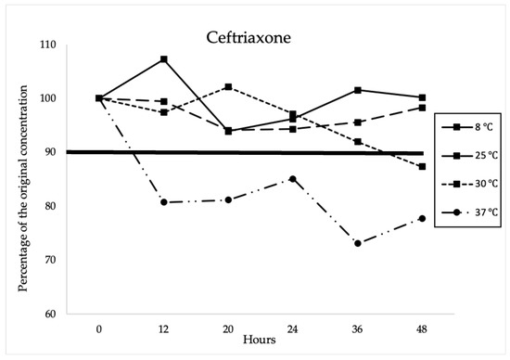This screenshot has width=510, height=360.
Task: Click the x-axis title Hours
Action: click(x=260, y=341)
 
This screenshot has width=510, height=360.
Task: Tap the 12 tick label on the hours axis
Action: click(x=163, y=328)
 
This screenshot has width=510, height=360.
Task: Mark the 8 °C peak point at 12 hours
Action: click(x=163, y=59)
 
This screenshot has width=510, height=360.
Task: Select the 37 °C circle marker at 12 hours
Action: click(x=163, y=201)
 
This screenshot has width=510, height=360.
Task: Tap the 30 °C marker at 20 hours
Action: click(x=228, y=87)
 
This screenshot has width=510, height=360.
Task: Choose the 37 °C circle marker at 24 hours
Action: click(x=293, y=178)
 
